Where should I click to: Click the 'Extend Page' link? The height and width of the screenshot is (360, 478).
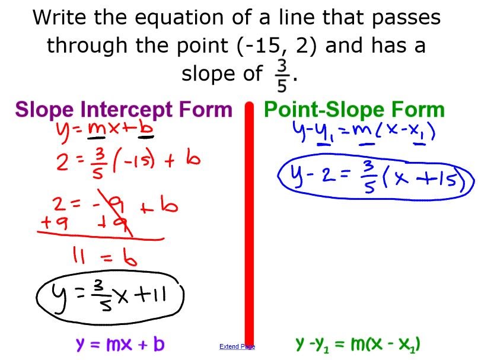[237, 346]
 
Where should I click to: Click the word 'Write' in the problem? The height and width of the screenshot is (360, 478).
[59, 17]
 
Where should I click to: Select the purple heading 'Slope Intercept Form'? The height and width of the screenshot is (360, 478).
[124, 110]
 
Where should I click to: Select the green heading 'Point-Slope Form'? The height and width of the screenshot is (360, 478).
[354, 110]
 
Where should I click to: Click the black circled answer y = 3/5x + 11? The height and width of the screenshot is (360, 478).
[110, 297]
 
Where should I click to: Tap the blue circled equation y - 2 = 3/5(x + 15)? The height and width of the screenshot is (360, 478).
[375, 176]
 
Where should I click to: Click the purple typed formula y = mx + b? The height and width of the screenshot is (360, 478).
[120, 345]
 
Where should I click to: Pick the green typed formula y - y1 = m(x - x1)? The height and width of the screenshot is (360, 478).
[358, 345]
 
